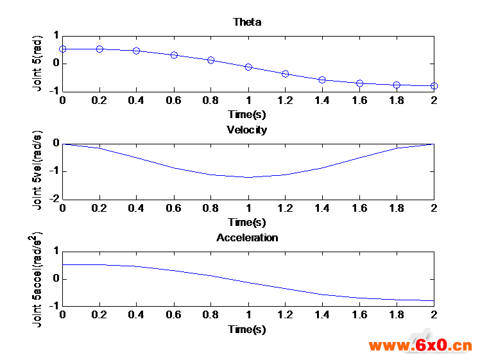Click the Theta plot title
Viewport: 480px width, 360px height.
pos(248,22)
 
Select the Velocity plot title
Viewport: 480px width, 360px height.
pos(247,130)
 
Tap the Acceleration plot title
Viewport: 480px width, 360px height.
pos(247,237)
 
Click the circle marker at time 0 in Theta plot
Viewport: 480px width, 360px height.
pos(62,49)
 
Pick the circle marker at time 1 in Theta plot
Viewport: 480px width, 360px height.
pos(248,67)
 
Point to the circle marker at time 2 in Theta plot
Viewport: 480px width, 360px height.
pos(434,85)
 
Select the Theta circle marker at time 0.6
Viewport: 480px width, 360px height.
pos(174,55)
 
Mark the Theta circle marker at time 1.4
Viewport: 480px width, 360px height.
pos(322,80)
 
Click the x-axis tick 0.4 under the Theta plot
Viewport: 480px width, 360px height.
pos(137,101)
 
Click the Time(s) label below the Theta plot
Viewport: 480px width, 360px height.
pos(247,114)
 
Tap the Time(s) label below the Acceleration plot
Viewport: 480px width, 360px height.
pos(247,329)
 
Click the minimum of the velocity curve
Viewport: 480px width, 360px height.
pos(248,177)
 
